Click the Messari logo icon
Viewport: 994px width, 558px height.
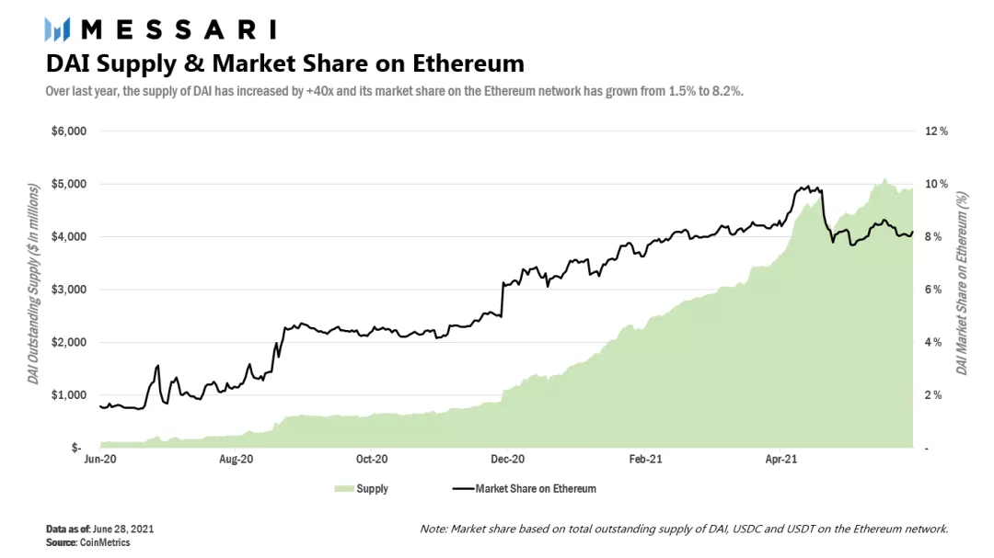click(58, 29)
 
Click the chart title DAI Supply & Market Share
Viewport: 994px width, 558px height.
click(285, 63)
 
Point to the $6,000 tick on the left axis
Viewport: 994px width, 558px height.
click(69, 131)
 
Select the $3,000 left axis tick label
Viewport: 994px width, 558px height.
click(69, 290)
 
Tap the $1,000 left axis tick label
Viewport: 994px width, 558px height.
click(69, 395)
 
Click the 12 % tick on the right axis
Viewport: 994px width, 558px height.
click(937, 131)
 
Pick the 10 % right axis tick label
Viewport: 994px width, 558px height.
click(937, 184)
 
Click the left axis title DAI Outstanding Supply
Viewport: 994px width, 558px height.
click(33, 283)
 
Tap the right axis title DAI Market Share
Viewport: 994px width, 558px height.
click(963, 283)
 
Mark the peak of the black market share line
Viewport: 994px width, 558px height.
click(807, 187)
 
